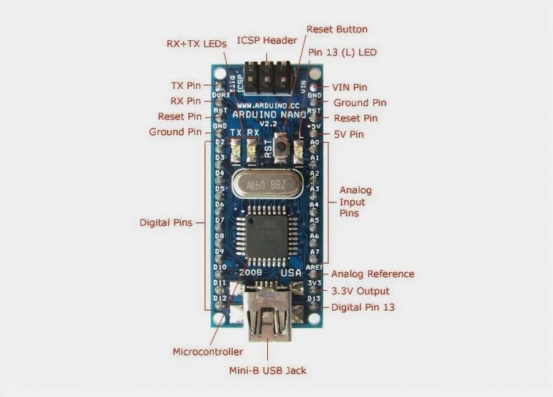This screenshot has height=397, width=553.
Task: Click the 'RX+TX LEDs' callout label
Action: (x=196, y=44)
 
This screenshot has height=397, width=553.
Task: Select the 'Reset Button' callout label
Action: (x=337, y=29)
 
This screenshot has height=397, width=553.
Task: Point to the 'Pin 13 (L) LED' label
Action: (x=342, y=52)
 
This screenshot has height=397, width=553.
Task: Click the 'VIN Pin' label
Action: (x=350, y=87)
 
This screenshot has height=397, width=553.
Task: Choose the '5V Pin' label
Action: (x=350, y=134)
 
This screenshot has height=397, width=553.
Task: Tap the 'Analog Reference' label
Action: (x=372, y=274)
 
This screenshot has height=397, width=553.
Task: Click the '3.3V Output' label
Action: (x=360, y=291)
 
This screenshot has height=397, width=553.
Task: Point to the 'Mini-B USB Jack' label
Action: (x=267, y=370)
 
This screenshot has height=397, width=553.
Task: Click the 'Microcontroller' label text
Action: (x=208, y=352)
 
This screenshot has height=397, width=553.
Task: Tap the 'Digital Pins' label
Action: (x=166, y=223)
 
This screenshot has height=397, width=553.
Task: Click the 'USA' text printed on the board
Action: (x=291, y=274)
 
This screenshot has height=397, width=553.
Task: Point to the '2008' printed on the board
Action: (x=249, y=273)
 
